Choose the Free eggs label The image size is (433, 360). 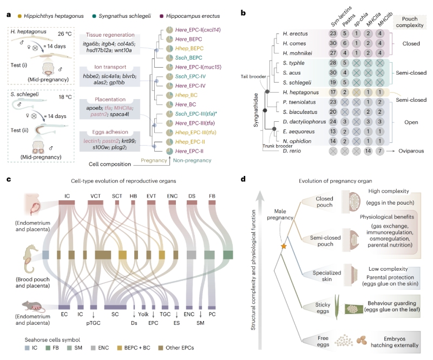tap(314, 340)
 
